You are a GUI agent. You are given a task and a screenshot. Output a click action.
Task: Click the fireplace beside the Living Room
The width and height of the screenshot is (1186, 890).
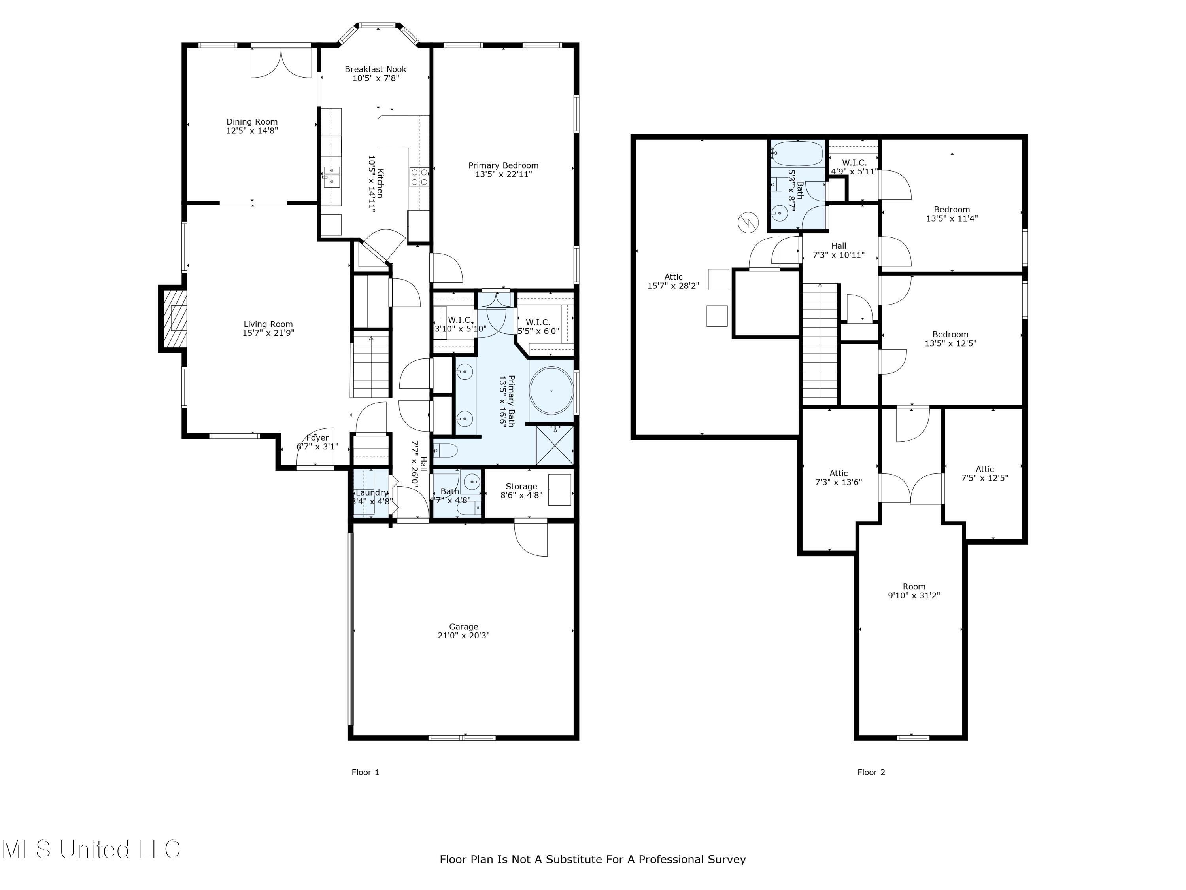tap(173, 319)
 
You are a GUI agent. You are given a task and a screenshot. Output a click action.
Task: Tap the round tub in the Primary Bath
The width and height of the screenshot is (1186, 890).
tap(551, 390)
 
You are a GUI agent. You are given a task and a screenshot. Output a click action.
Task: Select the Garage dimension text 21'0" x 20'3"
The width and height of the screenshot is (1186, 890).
tap(463, 635)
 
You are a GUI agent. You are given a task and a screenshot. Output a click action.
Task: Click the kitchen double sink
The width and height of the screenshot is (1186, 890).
tap(331, 176)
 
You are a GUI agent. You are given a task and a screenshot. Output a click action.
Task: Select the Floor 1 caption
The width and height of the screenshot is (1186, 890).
tap(365, 772)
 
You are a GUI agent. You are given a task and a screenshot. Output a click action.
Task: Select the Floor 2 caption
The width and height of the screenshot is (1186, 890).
tap(871, 772)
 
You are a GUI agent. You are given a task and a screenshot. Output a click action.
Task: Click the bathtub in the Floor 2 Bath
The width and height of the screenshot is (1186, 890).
tap(798, 153)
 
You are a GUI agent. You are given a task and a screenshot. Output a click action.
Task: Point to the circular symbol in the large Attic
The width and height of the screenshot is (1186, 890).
tap(748, 222)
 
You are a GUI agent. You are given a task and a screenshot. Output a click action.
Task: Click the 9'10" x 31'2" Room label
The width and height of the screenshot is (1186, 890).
tap(914, 591)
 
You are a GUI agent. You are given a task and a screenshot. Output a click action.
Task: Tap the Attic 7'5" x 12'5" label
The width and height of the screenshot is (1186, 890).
tap(984, 473)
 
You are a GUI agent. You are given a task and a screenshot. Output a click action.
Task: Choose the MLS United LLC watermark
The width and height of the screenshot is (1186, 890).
tap(91, 849)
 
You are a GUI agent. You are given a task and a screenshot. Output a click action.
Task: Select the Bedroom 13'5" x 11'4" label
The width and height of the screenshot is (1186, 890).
tap(952, 214)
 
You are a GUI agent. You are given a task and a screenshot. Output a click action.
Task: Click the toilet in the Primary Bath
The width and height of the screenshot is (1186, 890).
tap(445, 450)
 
